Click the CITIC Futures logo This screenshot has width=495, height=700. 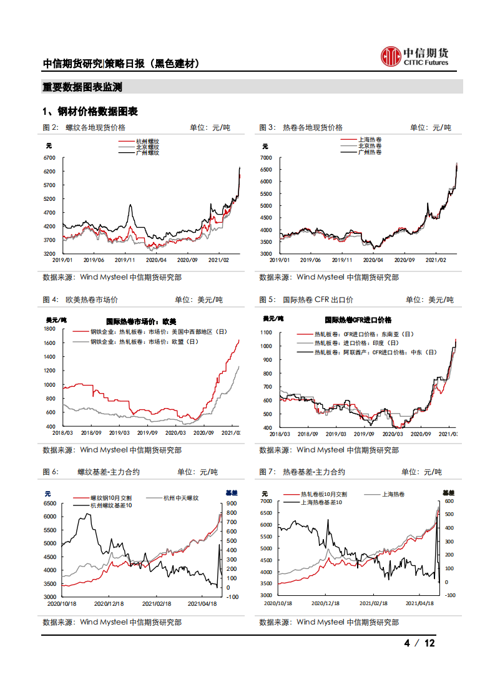(414, 56)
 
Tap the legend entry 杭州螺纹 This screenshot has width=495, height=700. (147, 142)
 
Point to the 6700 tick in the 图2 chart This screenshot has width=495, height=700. (49, 158)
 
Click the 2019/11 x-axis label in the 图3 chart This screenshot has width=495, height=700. (341, 259)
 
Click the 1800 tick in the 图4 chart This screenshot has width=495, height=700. (50, 329)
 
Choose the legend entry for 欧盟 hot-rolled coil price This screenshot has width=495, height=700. (145, 342)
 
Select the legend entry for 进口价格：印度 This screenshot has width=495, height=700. (356, 343)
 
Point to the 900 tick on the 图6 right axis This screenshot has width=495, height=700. (231, 503)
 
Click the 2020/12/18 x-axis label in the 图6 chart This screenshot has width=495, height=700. (110, 603)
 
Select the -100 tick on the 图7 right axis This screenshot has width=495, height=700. (448, 595)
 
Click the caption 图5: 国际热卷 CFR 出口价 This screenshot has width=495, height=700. (306, 300)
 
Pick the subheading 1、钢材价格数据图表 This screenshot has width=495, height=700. (90, 111)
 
